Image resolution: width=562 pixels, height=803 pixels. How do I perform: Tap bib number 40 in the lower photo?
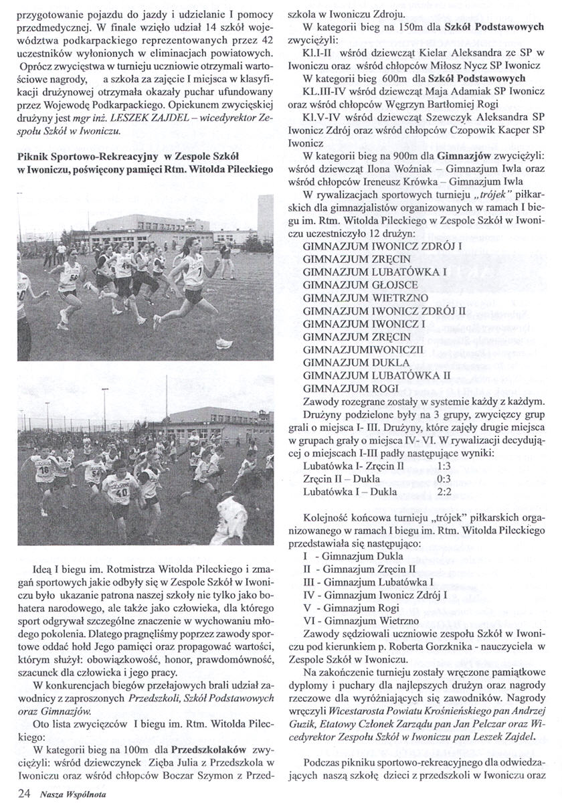coord(122,493)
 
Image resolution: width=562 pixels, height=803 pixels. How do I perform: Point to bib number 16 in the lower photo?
coord(43,470)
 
